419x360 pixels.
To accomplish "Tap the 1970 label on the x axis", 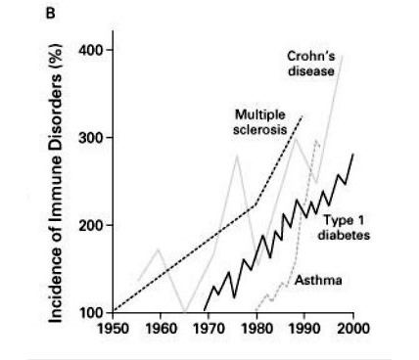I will pyautogui.click(x=207, y=328).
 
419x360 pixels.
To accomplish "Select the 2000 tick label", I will pyautogui.click(x=352, y=328).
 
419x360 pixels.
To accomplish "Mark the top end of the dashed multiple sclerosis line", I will pyautogui.click(x=302, y=116).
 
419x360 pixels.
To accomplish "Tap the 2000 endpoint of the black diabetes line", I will pyautogui.click(x=352, y=154).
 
